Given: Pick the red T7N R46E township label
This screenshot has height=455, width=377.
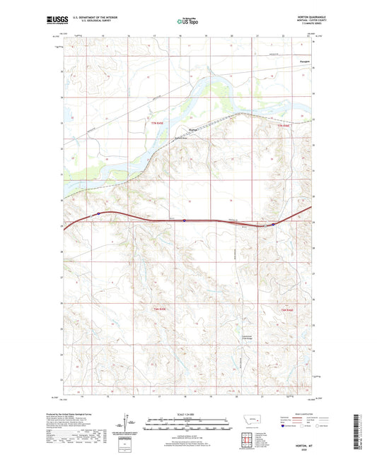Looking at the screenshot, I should coord(283,124).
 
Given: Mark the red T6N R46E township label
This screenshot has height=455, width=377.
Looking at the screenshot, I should coord(286,309).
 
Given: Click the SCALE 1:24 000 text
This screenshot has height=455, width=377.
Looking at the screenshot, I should coord(187,415).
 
